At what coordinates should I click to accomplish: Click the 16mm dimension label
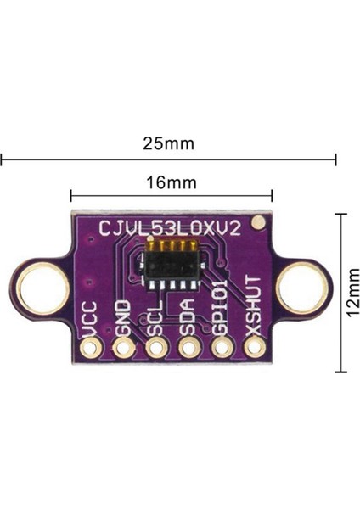point(171,182)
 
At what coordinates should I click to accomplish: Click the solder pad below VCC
point(89,347)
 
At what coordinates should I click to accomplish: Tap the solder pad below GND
point(122,347)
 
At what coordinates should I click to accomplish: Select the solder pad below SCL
point(155,347)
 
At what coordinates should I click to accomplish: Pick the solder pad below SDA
point(188,347)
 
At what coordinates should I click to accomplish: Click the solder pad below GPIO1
point(221,347)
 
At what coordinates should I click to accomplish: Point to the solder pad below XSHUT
point(254,347)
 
